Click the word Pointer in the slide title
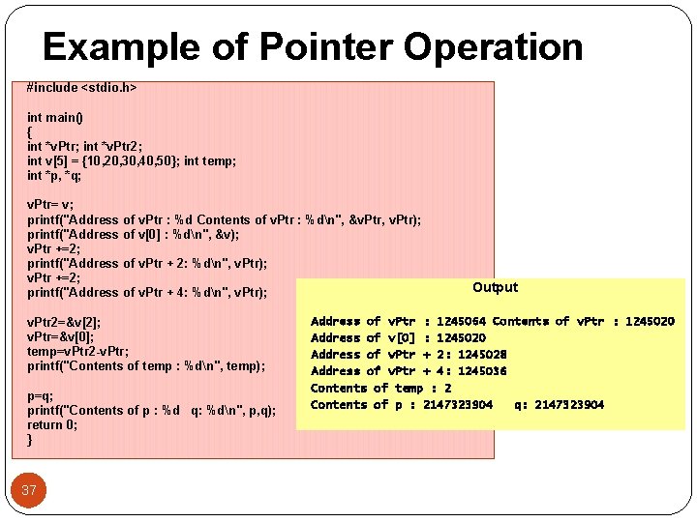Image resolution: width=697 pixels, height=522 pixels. (324, 46)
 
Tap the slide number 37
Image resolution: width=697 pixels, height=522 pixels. (29, 490)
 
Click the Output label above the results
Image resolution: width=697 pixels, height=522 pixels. (495, 287)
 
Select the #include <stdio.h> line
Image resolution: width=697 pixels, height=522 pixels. (81, 88)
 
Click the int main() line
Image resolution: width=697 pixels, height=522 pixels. (55, 118)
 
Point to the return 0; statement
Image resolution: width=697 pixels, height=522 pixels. (53, 424)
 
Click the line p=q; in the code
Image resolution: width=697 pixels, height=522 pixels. (41, 395)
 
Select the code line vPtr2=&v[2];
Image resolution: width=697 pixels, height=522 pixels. (64, 322)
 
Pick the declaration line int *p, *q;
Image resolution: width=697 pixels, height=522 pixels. (54, 176)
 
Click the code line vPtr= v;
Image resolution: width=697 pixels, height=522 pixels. (50, 205)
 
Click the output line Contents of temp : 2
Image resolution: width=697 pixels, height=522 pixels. (380, 389)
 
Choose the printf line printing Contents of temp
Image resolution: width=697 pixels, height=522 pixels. (146, 365)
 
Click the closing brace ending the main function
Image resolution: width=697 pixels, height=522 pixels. (30, 440)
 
